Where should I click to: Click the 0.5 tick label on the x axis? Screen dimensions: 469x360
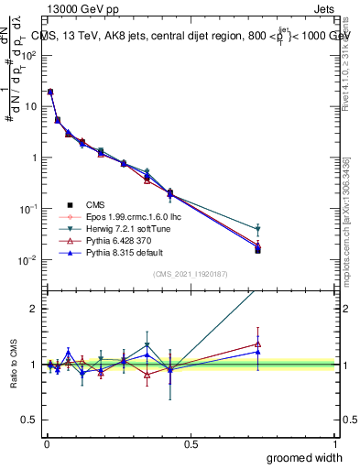click(x=191, y=443)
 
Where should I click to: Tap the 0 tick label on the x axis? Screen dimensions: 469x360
click(x=46, y=443)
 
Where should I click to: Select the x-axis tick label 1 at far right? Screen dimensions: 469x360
click(x=334, y=443)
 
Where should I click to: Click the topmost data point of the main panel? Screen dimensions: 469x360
click(x=49, y=92)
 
